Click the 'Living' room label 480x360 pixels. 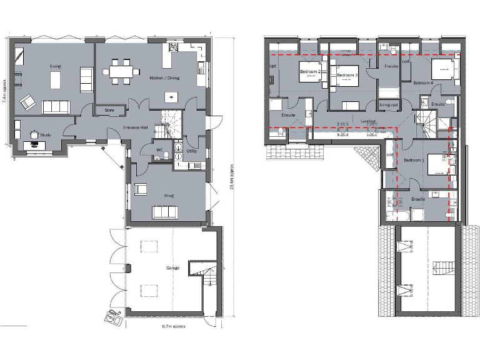tap(55, 66)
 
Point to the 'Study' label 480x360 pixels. tap(45, 134)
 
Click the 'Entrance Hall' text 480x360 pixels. tap(136, 127)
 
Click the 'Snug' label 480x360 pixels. tap(169, 195)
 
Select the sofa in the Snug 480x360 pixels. tap(165, 212)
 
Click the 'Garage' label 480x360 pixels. tap(172, 267)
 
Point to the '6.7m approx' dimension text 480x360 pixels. tap(171, 326)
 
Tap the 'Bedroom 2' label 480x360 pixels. tap(311, 72)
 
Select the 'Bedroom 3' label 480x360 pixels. tap(347, 75)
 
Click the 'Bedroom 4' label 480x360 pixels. tap(423, 82)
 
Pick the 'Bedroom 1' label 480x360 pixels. tap(414, 160)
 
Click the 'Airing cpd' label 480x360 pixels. tap(389, 104)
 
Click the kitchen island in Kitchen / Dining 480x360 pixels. tap(170, 97)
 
